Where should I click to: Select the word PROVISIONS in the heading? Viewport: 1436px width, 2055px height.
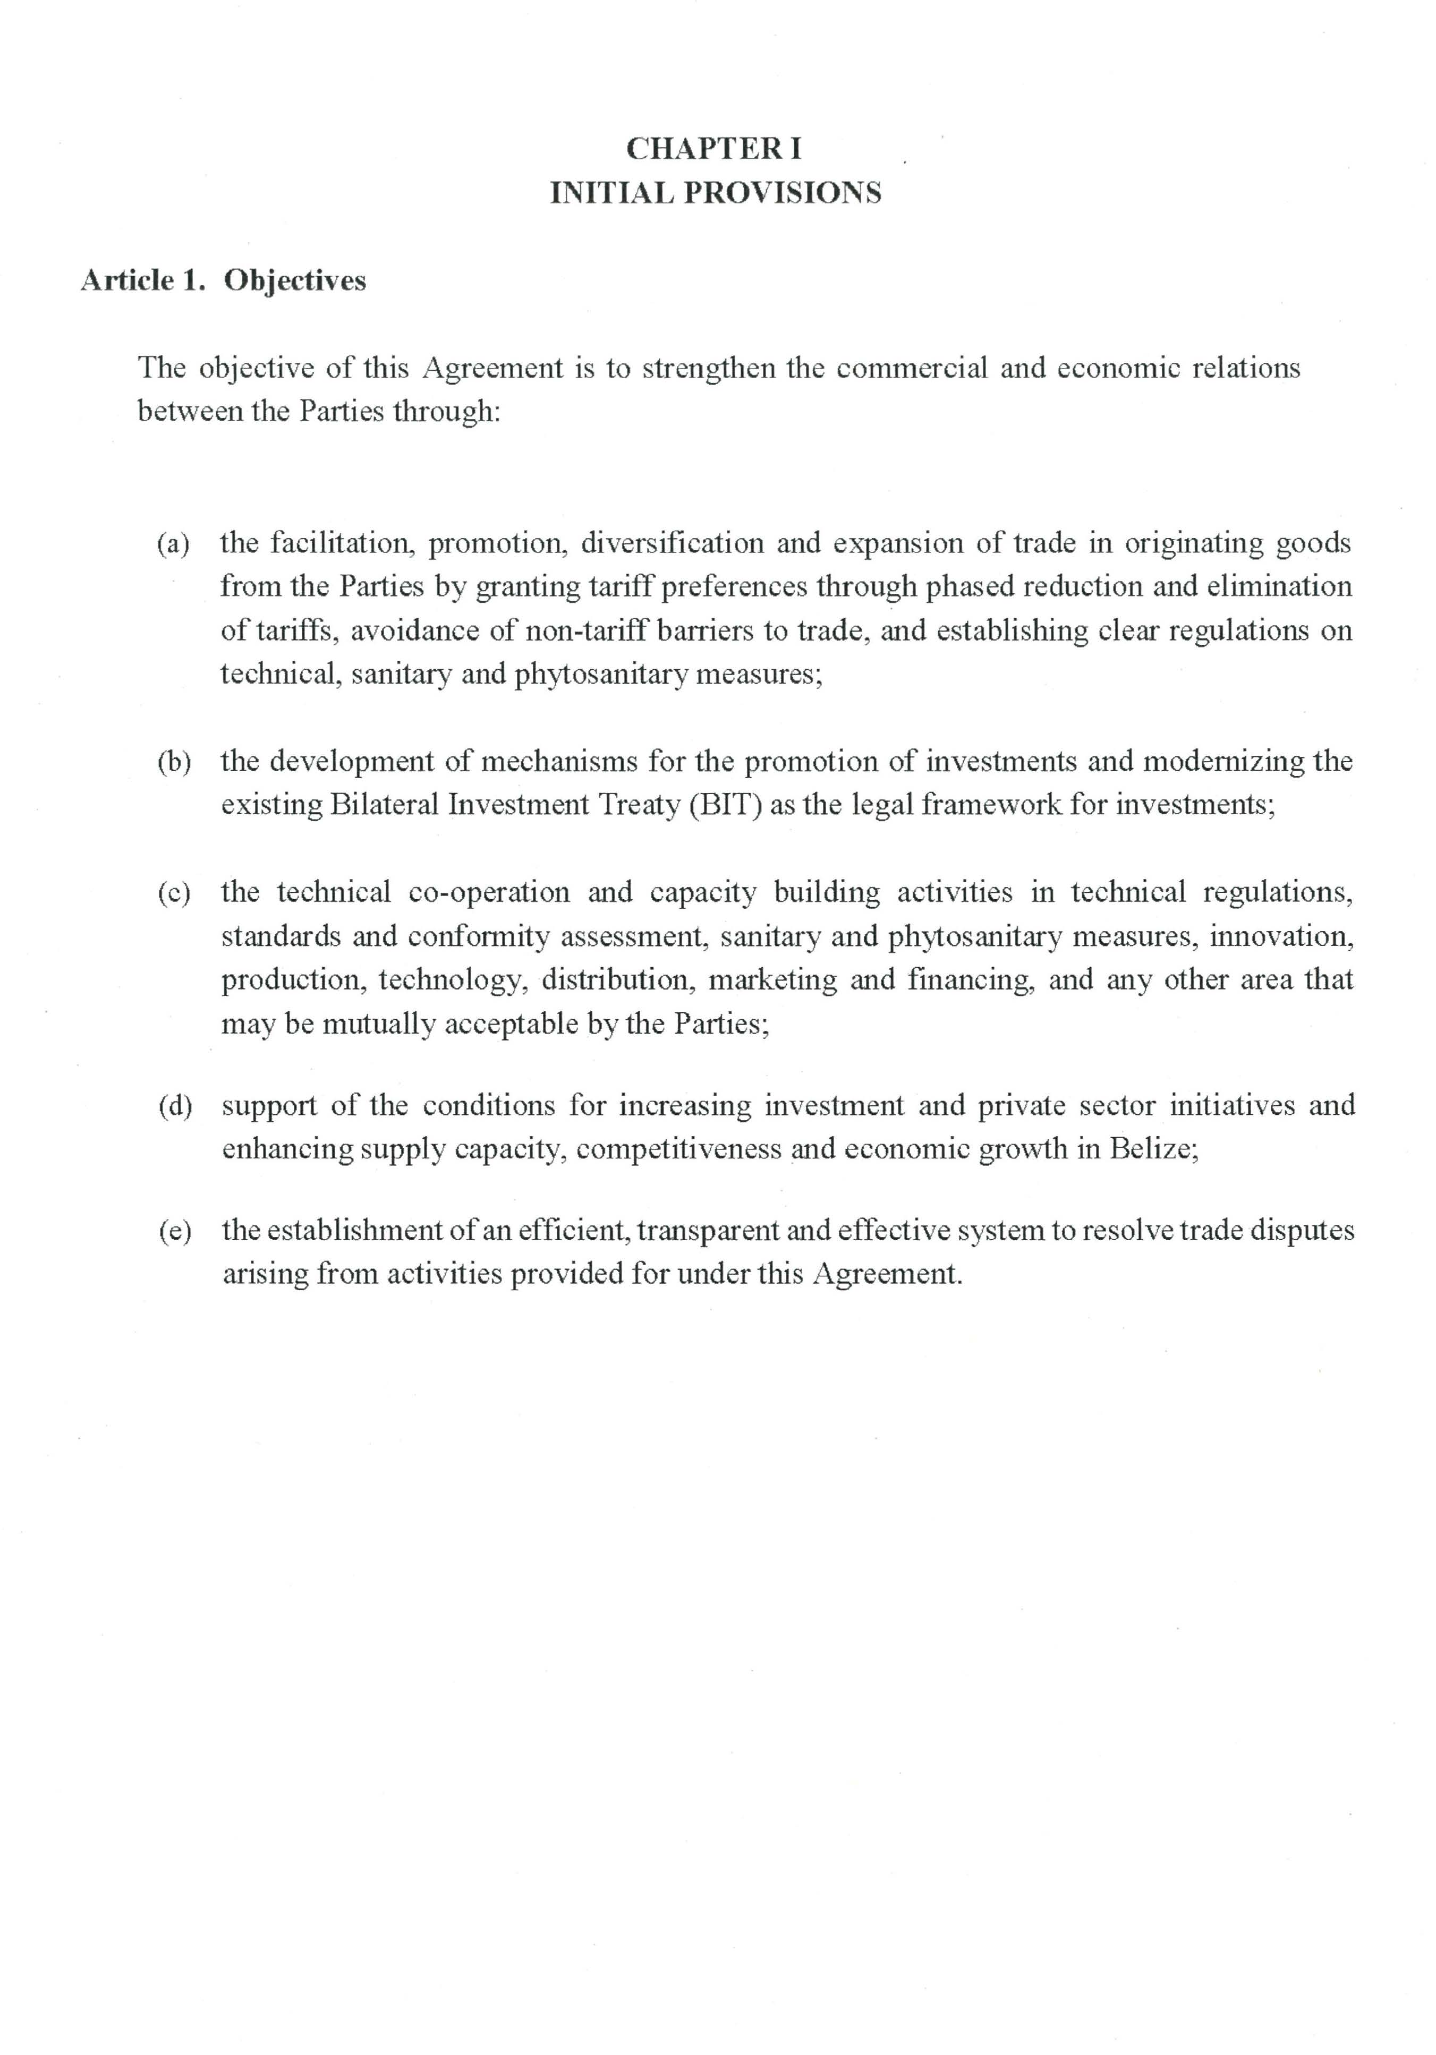tap(783, 193)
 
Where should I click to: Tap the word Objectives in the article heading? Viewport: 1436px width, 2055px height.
tap(294, 281)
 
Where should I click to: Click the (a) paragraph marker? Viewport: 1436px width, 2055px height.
tap(173, 543)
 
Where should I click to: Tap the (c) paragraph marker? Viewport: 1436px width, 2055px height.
tap(174, 892)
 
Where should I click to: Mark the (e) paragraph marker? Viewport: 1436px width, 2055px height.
tap(175, 1231)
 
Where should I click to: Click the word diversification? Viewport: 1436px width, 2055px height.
tap(673, 543)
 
